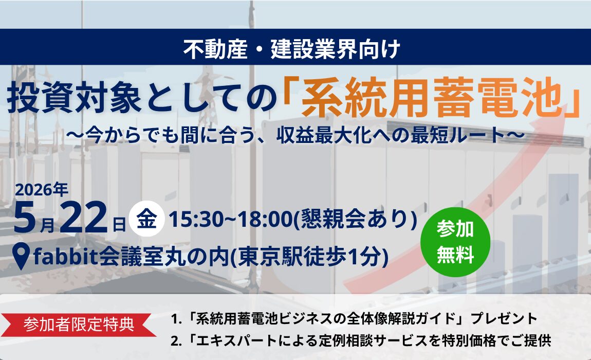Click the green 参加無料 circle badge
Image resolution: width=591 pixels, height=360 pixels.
455,242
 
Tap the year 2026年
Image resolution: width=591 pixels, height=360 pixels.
41,190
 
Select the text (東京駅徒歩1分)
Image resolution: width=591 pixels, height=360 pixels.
307,256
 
